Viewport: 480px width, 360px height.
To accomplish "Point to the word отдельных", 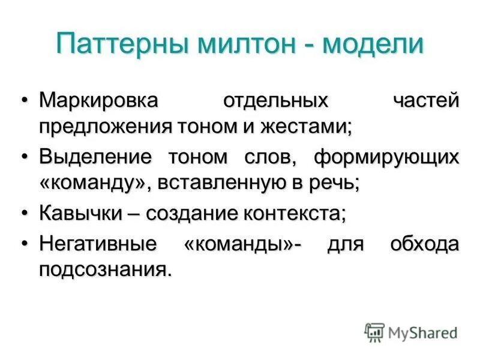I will point(275,100).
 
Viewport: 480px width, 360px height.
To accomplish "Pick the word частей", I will point(427,100).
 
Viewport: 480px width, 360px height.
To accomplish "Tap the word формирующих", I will point(387,157).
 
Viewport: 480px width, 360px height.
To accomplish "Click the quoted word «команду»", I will point(93,184).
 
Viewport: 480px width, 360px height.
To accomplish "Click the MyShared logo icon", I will point(374,332).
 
